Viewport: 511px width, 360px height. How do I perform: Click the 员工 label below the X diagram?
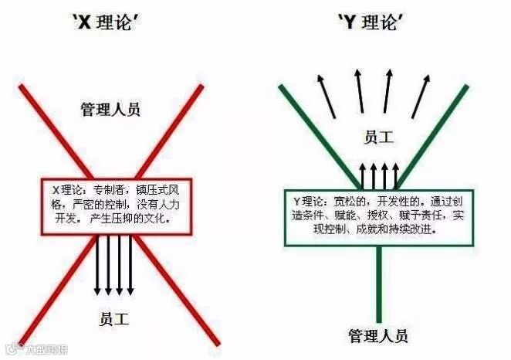(x=115, y=317)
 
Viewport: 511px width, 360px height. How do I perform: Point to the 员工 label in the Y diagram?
(x=378, y=138)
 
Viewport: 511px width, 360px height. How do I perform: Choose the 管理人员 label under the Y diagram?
(x=377, y=335)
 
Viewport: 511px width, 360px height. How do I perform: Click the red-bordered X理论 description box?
(x=115, y=207)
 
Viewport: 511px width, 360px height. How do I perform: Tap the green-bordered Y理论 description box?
(x=379, y=217)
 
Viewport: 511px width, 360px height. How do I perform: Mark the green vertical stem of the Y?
(x=378, y=286)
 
